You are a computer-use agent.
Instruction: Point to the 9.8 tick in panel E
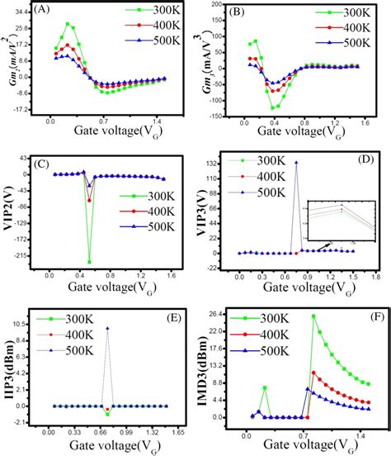pos(33,329)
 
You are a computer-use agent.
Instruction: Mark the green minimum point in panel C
pos(89,261)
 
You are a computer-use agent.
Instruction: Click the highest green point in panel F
pos(313,316)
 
